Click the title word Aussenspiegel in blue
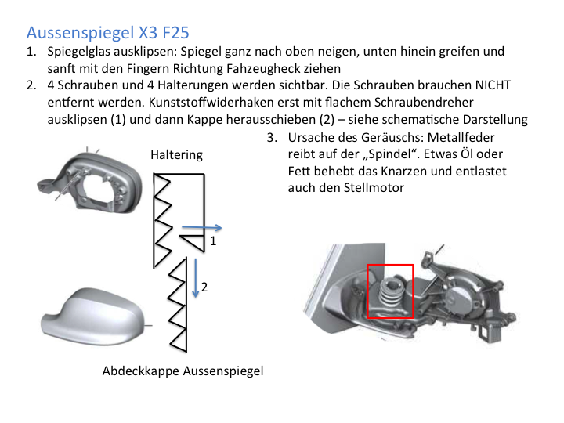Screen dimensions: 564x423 pyautogui.click(x=81, y=33)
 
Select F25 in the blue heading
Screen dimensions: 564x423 pyautogui.click(x=176, y=32)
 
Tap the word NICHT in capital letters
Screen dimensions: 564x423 pyautogui.click(x=493, y=85)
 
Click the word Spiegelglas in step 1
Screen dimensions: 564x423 pyautogui.click(x=80, y=52)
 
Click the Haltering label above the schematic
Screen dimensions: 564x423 pyautogui.click(x=176, y=155)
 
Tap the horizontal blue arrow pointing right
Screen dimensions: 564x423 pyautogui.click(x=202, y=227)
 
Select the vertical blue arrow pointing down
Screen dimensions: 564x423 pyautogui.click(x=196, y=277)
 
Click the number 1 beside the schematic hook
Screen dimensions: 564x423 pyautogui.click(x=213, y=241)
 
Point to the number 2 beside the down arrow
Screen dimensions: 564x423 pyautogui.click(x=204, y=287)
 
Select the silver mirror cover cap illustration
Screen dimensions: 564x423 pyautogui.click(x=93, y=317)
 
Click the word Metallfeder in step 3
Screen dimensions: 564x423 pyautogui.click(x=461, y=137)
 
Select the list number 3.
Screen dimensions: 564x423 pyautogui.click(x=272, y=137)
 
